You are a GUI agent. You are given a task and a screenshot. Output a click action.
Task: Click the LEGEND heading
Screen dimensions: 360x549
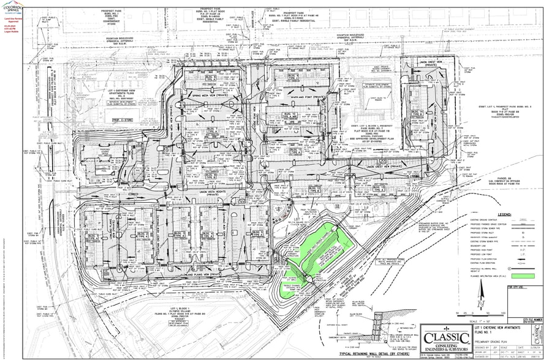point(505,216)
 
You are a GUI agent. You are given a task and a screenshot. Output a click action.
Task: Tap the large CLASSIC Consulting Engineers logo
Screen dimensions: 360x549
point(444,338)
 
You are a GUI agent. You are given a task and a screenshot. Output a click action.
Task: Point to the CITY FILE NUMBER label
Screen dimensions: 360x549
point(534,320)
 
